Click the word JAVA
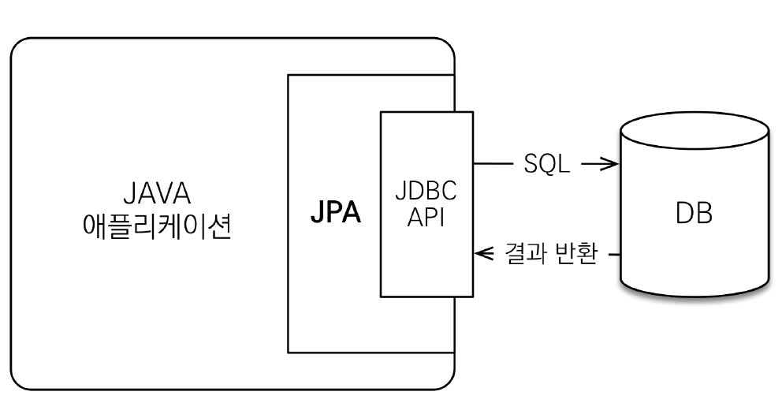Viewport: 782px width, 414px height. (x=157, y=194)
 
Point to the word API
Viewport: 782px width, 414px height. (x=426, y=218)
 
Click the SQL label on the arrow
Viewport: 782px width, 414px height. (x=546, y=166)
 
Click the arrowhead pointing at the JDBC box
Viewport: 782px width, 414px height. (x=482, y=255)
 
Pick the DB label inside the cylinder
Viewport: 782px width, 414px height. (x=694, y=213)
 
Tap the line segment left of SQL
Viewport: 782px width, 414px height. (x=493, y=165)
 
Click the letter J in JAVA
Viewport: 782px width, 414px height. (x=129, y=194)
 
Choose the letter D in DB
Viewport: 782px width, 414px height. (x=684, y=213)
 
